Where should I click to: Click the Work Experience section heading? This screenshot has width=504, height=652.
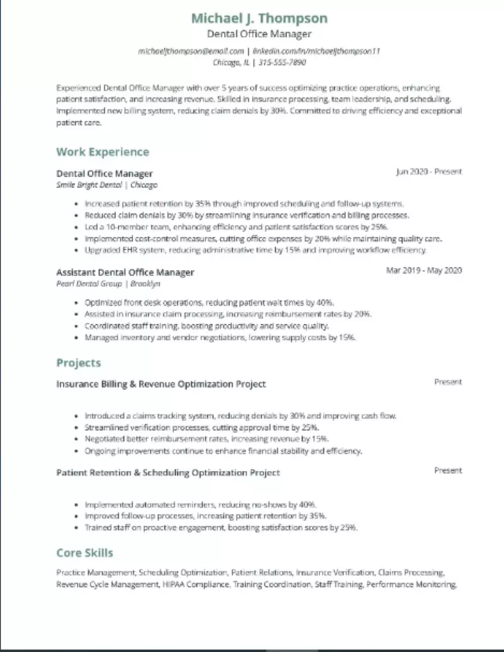pyautogui.click(x=103, y=152)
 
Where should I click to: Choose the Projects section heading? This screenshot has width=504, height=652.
pyautogui.click(x=78, y=363)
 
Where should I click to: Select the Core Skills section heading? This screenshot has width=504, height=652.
pyautogui.click(x=84, y=553)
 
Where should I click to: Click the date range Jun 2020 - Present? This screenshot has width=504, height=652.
pyautogui.click(x=428, y=171)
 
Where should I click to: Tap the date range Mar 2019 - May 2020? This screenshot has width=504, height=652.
pyautogui.click(x=424, y=271)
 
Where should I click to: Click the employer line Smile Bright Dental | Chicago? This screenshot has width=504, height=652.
pyautogui.click(x=107, y=185)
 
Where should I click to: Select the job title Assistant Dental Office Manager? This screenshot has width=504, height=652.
pyautogui.click(x=125, y=272)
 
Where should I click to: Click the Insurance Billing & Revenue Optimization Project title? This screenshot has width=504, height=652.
pyautogui.click(x=161, y=384)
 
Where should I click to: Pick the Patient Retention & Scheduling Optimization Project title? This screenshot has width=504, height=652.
pyautogui.click(x=168, y=472)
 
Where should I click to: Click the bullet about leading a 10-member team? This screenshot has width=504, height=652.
pyautogui.click(x=236, y=227)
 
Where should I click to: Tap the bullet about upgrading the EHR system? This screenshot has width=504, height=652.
pyautogui.click(x=255, y=250)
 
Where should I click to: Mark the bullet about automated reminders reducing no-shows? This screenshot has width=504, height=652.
pyautogui.click(x=200, y=505)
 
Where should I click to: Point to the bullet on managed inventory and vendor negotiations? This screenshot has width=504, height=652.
pyautogui.click(x=220, y=338)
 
